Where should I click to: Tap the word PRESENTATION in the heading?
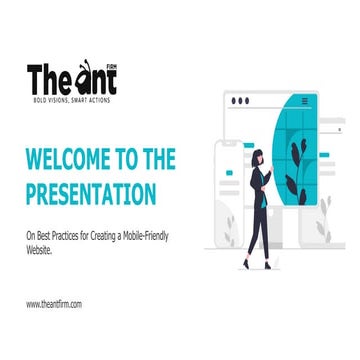point(91,192)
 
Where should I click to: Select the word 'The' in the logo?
point(48,78)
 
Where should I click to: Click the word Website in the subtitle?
point(42,251)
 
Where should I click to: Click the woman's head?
point(258,156)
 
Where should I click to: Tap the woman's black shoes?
point(255,265)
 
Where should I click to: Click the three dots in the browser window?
point(240,101)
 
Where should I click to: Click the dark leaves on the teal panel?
point(295,160)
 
